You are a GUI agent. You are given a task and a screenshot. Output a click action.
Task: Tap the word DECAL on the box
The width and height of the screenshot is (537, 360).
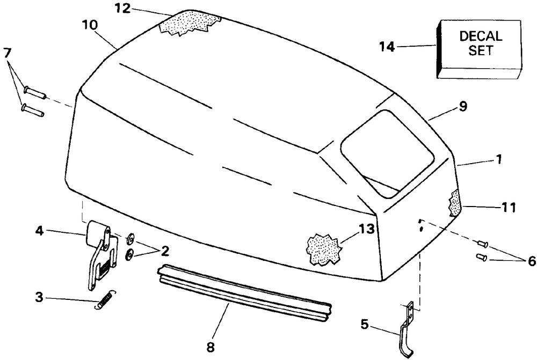[481, 37]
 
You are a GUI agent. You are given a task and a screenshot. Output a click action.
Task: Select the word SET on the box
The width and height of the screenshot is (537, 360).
[481, 52]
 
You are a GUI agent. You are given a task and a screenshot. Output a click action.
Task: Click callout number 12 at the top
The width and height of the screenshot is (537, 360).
[123, 9]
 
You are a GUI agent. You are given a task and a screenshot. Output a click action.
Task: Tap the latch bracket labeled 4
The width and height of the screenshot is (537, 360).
[101, 252]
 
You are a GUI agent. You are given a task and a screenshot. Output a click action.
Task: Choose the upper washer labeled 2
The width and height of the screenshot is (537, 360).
[130, 237]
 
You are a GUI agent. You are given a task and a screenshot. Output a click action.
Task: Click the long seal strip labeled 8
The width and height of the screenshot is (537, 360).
[244, 292]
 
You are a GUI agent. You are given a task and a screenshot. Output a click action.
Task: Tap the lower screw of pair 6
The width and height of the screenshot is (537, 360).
[481, 258]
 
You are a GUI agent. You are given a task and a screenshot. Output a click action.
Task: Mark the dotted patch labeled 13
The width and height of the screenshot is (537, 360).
[323, 248]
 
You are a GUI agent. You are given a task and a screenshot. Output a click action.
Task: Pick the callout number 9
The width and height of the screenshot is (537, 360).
[462, 107]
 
